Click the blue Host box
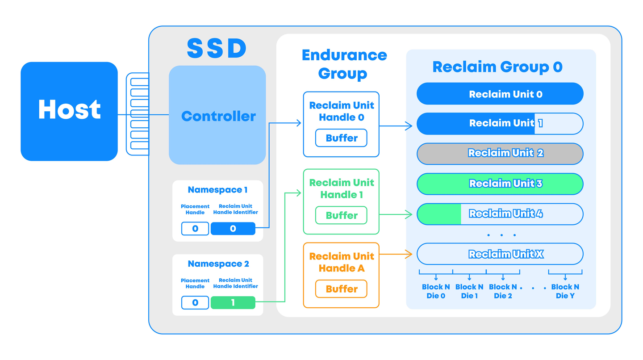pyautogui.click(x=69, y=111)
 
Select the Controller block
pyautogui.click(x=218, y=116)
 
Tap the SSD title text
pyautogui.click(x=217, y=48)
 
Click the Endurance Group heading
pyautogui.click(x=344, y=64)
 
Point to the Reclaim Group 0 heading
pyautogui.click(x=497, y=67)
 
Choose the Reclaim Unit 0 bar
pyautogui.click(x=500, y=94)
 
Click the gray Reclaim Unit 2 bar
pyautogui.click(x=500, y=153)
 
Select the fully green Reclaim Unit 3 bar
pyautogui.click(x=500, y=184)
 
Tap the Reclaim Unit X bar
pyautogui.click(x=500, y=254)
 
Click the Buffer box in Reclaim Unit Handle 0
pyautogui.click(x=341, y=138)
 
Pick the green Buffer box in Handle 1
pyautogui.click(x=341, y=215)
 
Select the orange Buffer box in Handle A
pyautogui.click(x=341, y=289)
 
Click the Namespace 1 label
pyautogui.click(x=217, y=190)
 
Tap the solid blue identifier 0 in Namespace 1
pyautogui.click(x=233, y=229)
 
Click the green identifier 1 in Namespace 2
pyautogui.click(x=233, y=303)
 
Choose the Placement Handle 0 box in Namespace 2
pyautogui.click(x=195, y=303)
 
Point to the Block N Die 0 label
pyautogui.click(x=436, y=291)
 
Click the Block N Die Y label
pyautogui.click(x=565, y=291)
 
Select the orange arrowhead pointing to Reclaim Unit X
pyautogui.click(x=408, y=255)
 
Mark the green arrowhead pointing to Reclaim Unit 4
pyautogui.click(x=408, y=215)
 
